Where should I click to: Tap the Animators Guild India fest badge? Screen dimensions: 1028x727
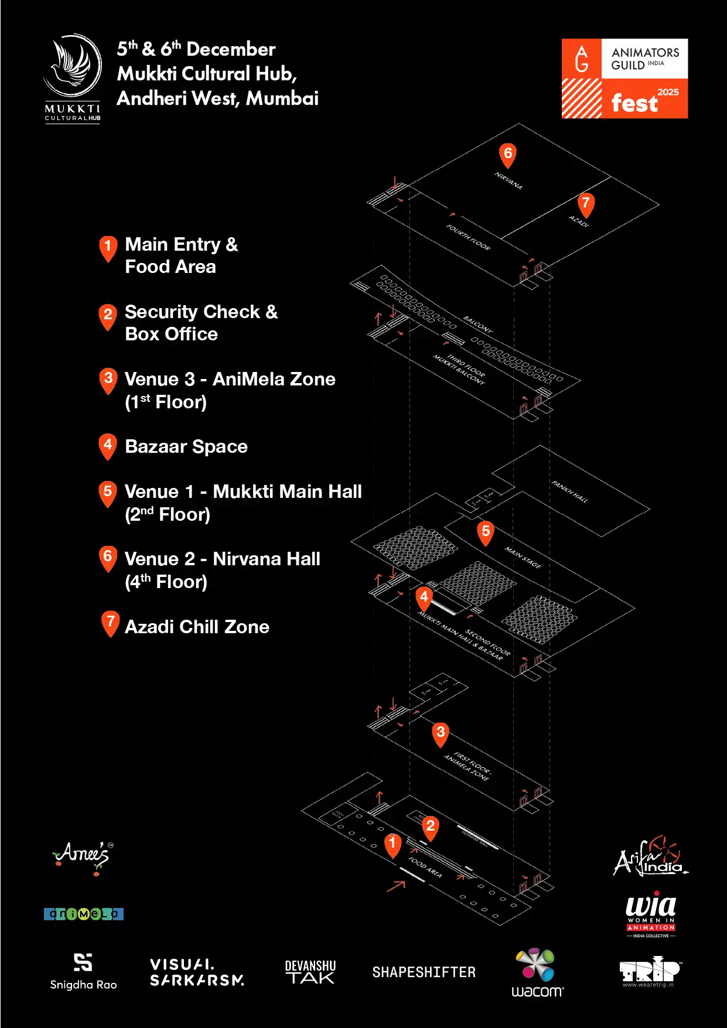point(624,78)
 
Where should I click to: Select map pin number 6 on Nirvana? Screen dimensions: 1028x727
point(508,155)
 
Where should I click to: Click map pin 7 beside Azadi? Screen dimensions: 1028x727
point(585,204)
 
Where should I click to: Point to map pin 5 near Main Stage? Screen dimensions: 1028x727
point(486,532)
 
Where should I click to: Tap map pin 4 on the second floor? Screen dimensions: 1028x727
point(424,597)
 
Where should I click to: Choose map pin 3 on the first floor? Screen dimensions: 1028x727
point(441,733)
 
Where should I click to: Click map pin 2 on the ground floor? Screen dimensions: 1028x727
point(431,827)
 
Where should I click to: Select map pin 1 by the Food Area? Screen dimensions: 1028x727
point(392,844)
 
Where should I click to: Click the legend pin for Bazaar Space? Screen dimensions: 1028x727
point(108,446)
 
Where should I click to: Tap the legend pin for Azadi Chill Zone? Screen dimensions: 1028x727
point(110,623)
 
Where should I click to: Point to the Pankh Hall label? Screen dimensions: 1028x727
point(569,492)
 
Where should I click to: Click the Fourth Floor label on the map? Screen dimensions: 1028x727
point(468,237)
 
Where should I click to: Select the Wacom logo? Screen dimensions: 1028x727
point(537,972)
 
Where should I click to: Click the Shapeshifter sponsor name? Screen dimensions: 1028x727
point(424,972)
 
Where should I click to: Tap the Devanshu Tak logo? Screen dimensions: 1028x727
point(310,972)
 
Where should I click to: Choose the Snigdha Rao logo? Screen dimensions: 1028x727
point(83,971)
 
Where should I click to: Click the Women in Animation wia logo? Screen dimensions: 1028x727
point(651,914)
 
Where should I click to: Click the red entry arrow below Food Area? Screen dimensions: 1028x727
point(396,885)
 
